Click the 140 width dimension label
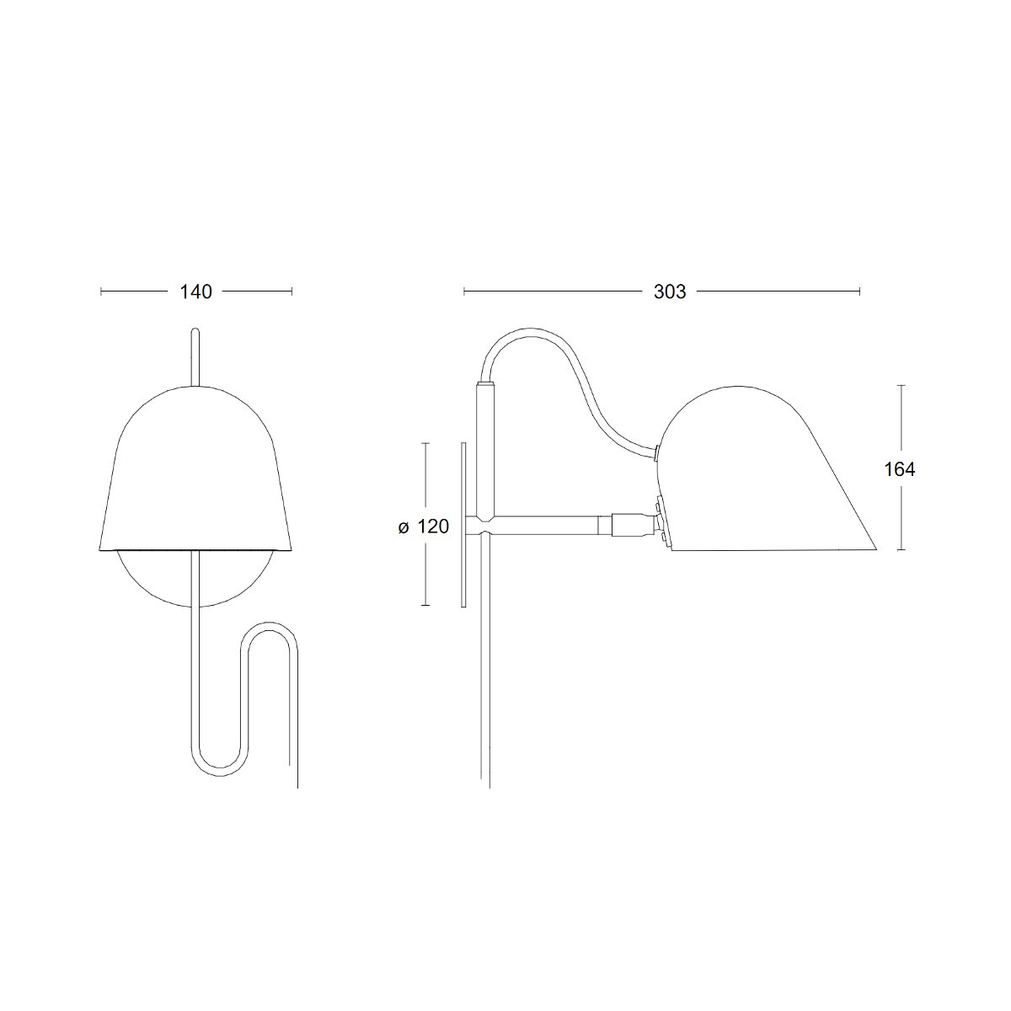(x=195, y=292)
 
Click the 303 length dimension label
(x=670, y=292)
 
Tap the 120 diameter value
(x=433, y=527)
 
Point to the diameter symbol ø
(x=403, y=527)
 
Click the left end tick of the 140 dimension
(x=101, y=292)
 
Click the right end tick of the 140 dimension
(x=292, y=292)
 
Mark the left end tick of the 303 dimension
(x=463, y=292)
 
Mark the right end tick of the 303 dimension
(x=859, y=292)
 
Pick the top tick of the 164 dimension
(x=901, y=386)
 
